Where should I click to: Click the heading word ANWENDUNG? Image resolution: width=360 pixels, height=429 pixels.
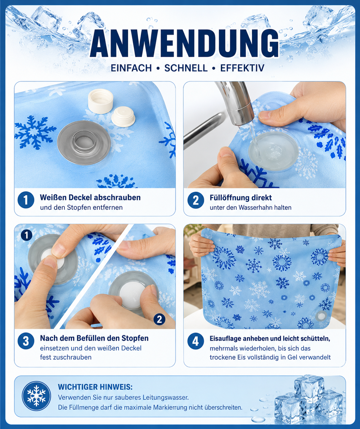(x=184, y=43)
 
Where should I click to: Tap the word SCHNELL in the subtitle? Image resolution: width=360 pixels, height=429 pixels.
(x=186, y=68)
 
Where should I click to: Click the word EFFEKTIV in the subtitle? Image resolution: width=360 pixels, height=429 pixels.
(x=242, y=68)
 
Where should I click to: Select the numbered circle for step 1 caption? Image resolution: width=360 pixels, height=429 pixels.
(x=26, y=200)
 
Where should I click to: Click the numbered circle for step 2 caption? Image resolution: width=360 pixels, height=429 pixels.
(x=196, y=200)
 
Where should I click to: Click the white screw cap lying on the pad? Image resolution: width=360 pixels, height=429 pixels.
(x=101, y=101)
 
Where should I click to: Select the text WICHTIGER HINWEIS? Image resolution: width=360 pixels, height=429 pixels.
(x=95, y=387)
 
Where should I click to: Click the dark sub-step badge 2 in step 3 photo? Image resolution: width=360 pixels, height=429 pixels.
(x=159, y=319)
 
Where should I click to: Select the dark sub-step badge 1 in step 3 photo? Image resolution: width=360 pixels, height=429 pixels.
(x=27, y=235)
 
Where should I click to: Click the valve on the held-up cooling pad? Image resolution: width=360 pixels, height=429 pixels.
(x=321, y=316)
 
